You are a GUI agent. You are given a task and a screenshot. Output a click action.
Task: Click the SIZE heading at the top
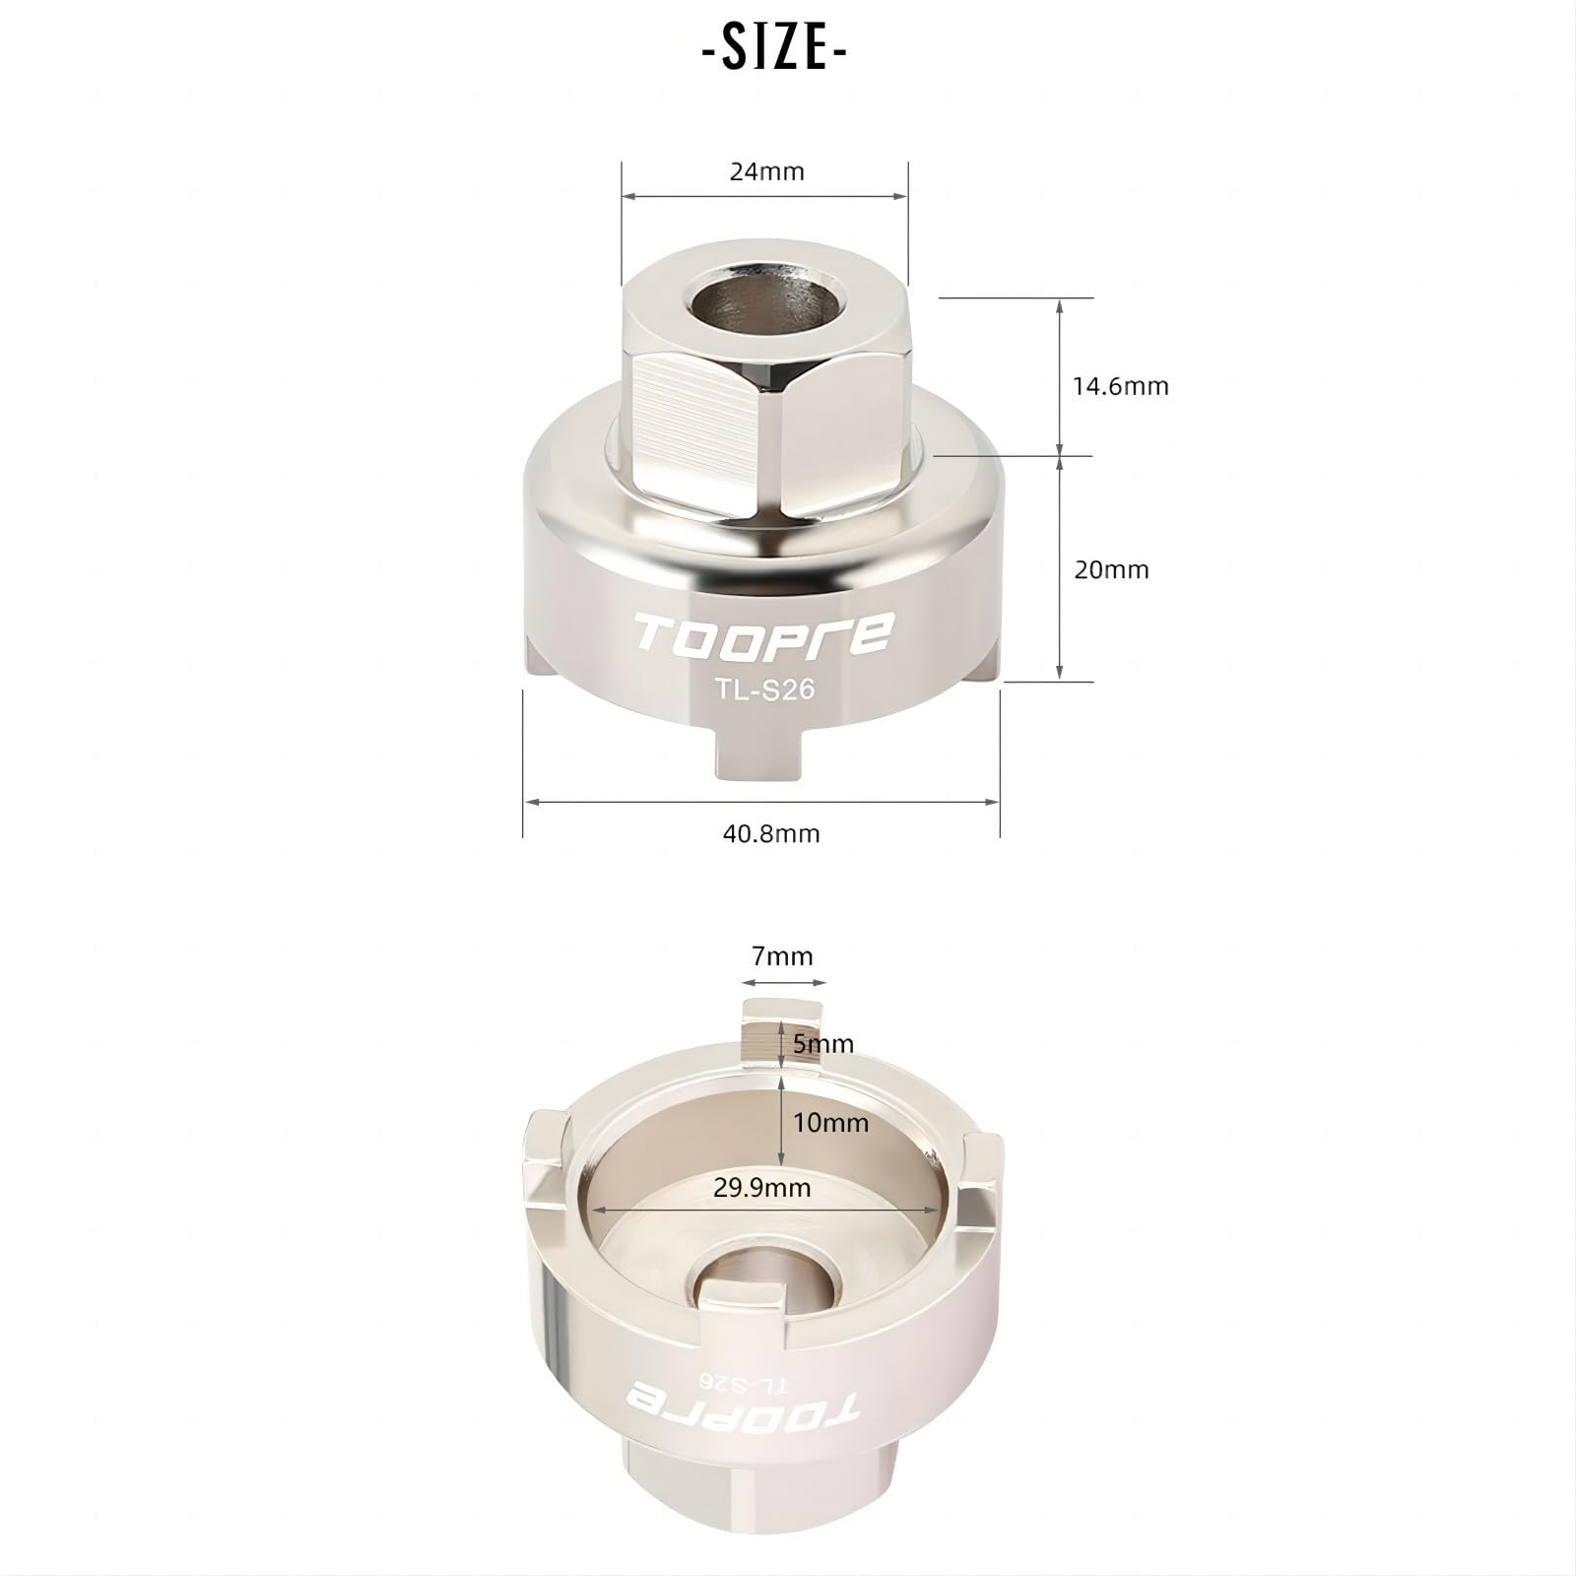click(x=774, y=50)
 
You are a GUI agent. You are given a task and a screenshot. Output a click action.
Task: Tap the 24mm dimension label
click(x=766, y=171)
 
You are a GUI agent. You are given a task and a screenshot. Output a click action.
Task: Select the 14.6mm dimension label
click(x=1121, y=385)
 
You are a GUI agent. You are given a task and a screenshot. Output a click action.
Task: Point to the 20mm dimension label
click(x=1111, y=569)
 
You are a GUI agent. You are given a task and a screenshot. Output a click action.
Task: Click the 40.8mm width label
click(x=771, y=833)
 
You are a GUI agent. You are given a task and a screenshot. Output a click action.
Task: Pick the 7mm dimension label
click(x=782, y=955)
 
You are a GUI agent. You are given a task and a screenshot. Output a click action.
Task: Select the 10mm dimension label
click(x=830, y=1123)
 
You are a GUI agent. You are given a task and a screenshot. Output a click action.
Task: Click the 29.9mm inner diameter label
click(x=762, y=1187)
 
